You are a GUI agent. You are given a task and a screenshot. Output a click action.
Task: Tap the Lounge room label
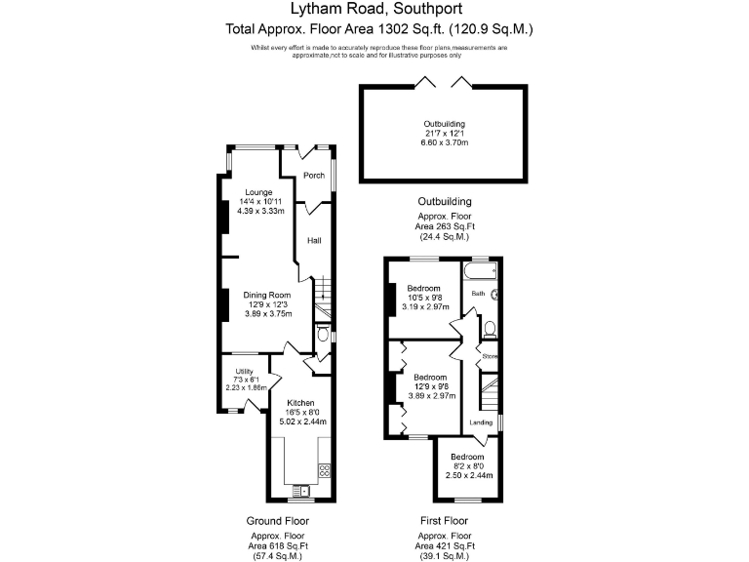tap(258, 191)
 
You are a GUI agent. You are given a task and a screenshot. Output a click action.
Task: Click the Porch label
tap(314, 176)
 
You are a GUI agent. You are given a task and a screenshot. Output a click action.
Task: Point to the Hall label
tap(314, 241)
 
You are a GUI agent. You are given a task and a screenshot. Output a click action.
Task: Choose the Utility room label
tap(244, 371)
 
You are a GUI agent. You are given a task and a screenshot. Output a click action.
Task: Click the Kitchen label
tap(299, 403)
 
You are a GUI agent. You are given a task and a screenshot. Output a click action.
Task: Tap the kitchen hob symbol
tap(326, 470)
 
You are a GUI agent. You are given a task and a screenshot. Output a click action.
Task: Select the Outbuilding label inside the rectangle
tap(444, 124)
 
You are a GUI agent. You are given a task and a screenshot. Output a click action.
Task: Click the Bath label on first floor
tap(478, 293)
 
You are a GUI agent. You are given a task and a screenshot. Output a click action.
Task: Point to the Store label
tap(490, 356)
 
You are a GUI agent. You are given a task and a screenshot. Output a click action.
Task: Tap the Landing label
tap(482, 422)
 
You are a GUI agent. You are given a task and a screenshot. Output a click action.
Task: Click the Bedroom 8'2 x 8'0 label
tap(466, 457)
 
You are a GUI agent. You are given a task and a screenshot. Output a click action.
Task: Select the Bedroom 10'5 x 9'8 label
tap(424, 289)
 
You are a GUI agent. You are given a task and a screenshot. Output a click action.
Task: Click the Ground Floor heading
tap(278, 521)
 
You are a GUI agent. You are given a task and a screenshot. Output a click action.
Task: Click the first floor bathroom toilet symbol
tap(491, 328)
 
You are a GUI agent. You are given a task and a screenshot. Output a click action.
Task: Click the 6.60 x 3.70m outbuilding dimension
tap(444, 143)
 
